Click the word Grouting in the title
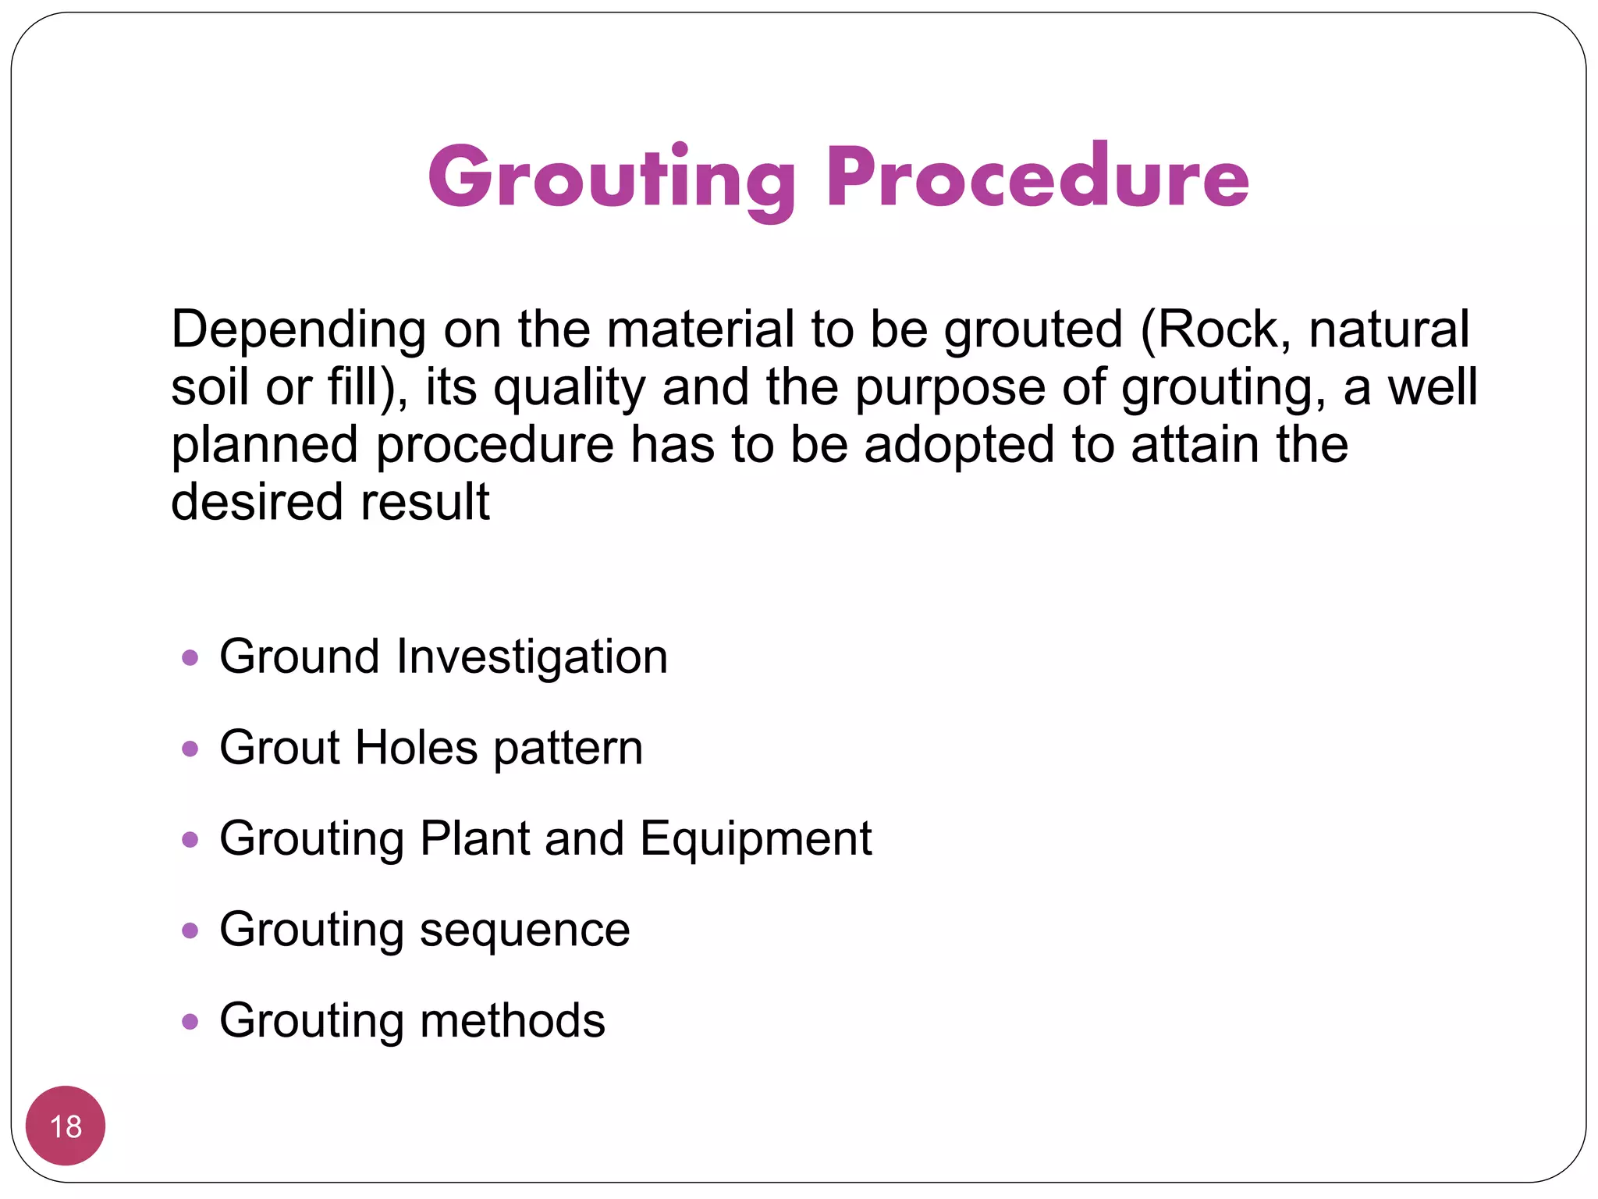[611, 178]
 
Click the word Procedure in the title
[1038, 178]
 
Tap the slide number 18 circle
[66, 1126]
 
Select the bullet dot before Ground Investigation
[190, 657]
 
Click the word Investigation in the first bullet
[531, 657]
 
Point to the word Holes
[416, 748]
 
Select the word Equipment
[755, 840]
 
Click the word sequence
[524, 930]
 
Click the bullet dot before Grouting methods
[190, 1021]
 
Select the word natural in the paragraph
[1389, 329]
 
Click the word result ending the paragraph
[425, 502]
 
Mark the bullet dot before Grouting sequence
[190, 930]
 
